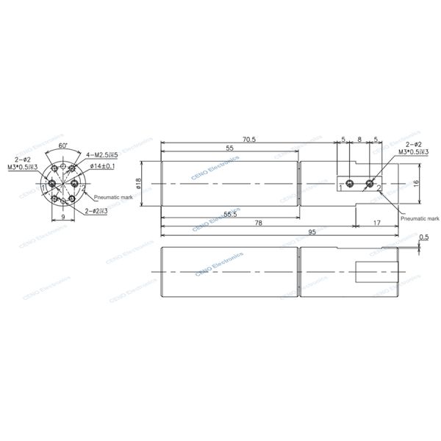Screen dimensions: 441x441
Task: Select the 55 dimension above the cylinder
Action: click(229, 148)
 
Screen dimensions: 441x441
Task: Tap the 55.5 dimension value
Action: click(229, 214)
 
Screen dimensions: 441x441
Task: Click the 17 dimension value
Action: click(376, 223)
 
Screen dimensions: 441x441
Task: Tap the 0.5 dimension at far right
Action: click(424, 237)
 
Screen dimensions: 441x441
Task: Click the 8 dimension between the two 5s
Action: click(359, 139)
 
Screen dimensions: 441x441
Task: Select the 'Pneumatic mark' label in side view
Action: click(420, 218)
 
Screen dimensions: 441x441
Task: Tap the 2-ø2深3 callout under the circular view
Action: click(96, 211)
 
